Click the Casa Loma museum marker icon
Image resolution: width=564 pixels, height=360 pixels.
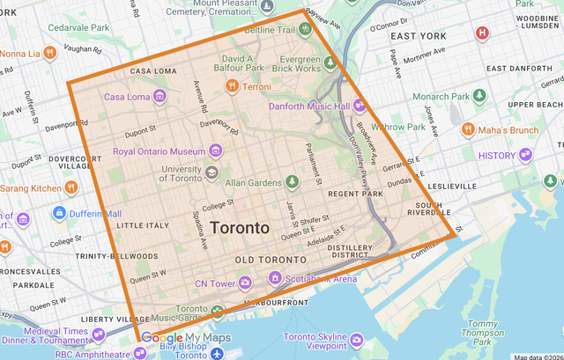click(x=160, y=96)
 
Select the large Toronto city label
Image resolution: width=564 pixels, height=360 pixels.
click(x=240, y=227)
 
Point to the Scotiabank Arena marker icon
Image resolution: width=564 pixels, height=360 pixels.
click(x=275, y=278)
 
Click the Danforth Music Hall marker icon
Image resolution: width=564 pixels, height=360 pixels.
click(x=360, y=106)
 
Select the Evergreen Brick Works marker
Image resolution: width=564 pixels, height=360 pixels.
click(x=329, y=62)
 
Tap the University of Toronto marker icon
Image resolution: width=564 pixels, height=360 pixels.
click(x=211, y=173)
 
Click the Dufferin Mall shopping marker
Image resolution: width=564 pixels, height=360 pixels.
click(x=59, y=212)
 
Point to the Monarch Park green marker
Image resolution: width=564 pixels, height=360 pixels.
click(x=479, y=95)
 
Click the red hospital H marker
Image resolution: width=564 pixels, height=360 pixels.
click(x=482, y=33)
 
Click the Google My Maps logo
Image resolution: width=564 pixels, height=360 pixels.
click(x=185, y=338)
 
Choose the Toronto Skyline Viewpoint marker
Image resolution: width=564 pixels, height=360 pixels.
click(x=357, y=339)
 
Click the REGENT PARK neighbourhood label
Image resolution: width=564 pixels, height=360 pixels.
click(x=354, y=192)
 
